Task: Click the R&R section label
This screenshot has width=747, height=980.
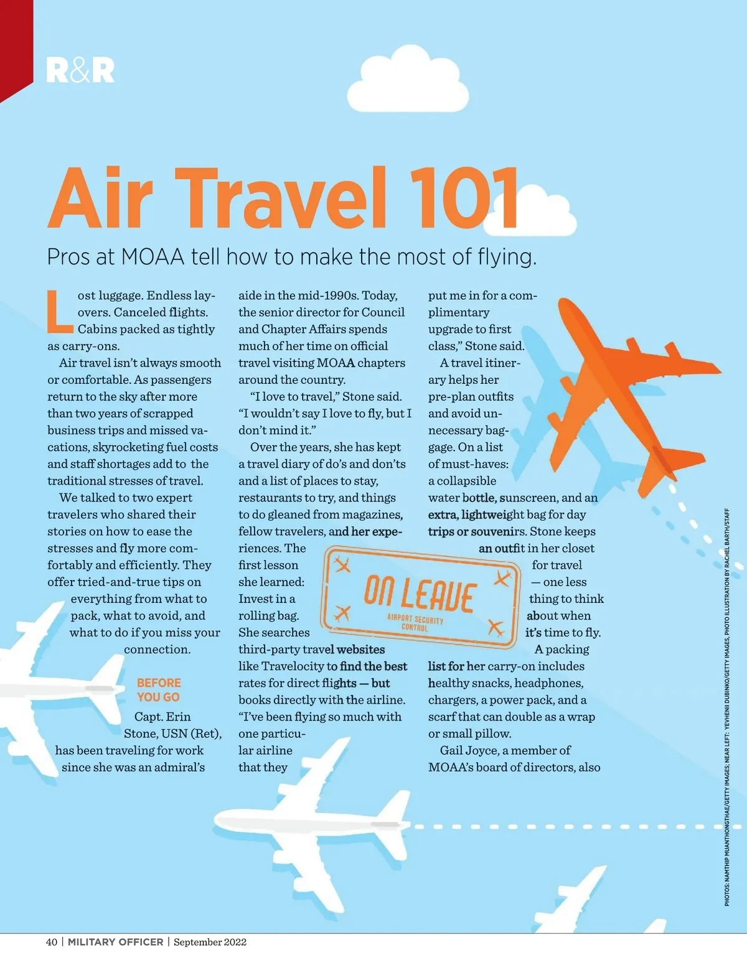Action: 80,70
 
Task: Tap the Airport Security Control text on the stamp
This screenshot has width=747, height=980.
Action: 415,623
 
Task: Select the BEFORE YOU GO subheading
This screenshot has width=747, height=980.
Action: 159,690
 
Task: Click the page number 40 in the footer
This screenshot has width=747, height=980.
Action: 52,942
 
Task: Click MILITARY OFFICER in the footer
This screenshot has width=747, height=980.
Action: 116,942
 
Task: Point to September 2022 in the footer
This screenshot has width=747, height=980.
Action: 210,942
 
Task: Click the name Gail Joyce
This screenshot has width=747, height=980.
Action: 466,750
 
